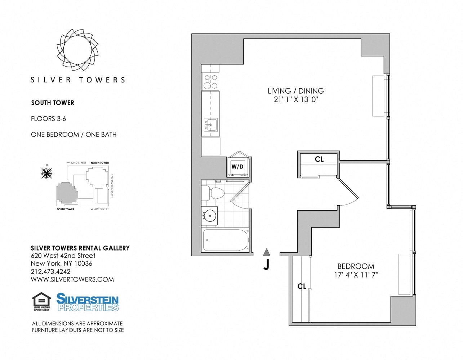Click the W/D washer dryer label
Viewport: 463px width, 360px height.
click(237, 167)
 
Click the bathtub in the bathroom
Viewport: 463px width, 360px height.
click(226, 240)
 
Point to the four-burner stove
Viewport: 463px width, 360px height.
click(210, 81)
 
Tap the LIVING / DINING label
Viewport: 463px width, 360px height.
click(295, 91)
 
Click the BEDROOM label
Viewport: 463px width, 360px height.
click(355, 266)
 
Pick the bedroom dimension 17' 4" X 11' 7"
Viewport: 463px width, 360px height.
click(355, 275)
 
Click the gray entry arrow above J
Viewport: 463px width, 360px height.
click(266, 252)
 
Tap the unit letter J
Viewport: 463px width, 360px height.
click(266, 265)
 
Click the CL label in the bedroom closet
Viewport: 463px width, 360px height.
click(302, 286)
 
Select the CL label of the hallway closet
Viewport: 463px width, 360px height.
click(319, 159)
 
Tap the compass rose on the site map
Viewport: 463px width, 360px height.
click(46, 173)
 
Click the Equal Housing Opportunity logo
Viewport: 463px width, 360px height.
click(41, 301)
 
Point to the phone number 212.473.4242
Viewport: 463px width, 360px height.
click(51, 271)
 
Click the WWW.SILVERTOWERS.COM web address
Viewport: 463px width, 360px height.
click(72, 279)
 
